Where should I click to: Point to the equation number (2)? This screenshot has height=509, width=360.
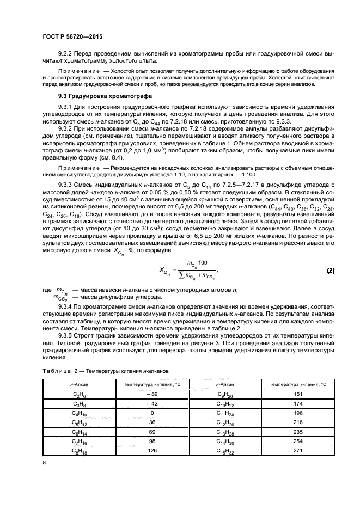click(330, 270)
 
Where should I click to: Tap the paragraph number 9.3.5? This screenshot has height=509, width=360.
click(67, 336)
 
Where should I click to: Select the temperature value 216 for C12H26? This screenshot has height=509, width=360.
click(297, 421)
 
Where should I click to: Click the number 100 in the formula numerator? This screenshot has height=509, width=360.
click(203, 263)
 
